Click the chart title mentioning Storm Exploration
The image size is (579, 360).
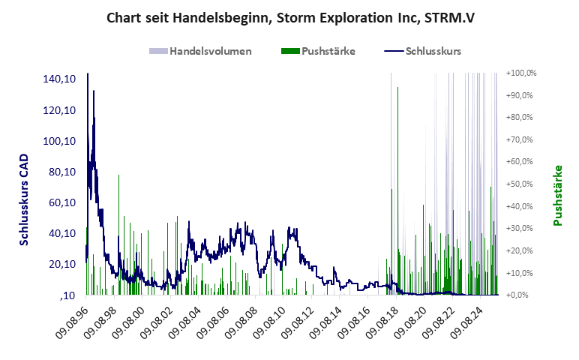290,16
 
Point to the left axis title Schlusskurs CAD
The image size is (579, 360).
25,201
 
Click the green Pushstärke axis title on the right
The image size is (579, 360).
558,195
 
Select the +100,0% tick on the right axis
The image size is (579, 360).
521,73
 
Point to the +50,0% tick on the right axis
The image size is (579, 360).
521,184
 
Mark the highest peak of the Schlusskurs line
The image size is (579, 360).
88,73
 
